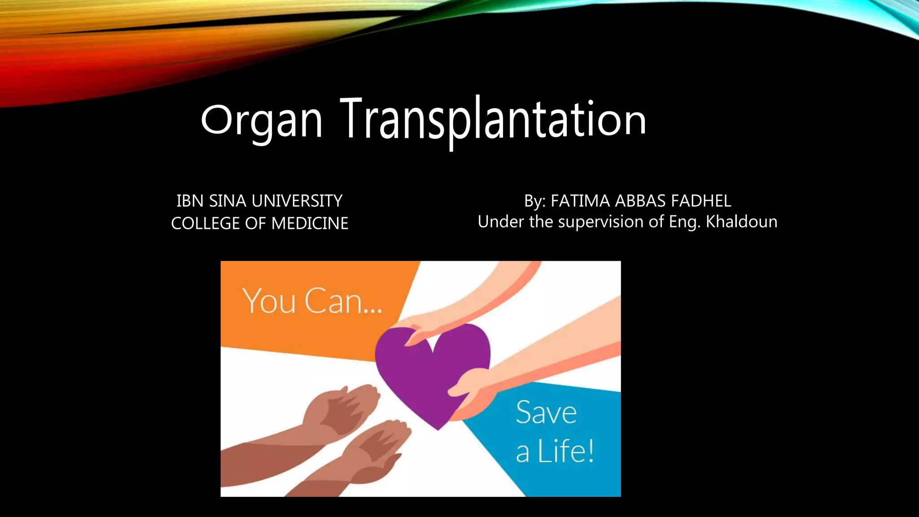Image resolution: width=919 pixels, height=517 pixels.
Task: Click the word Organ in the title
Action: (x=261, y=120)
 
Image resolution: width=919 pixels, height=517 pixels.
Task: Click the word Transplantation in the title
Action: (x=493, y=119)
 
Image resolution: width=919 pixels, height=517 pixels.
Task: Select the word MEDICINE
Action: (x=310, y=223)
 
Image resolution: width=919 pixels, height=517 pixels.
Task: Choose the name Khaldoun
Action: (x=741, y=222)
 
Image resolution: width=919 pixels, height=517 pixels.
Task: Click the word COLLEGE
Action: (x=206, y=223)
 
